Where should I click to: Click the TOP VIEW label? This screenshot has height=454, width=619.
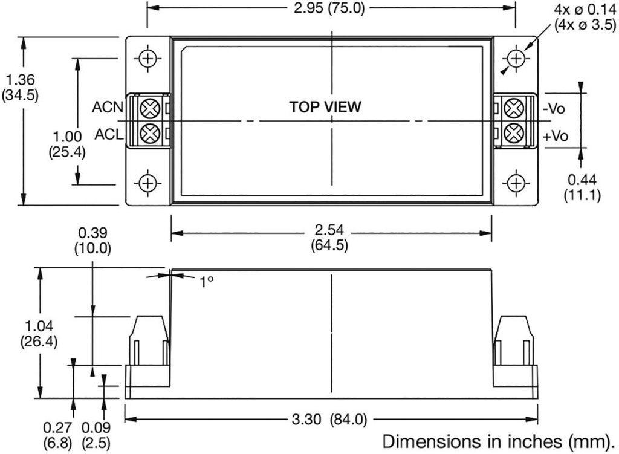(325, 107)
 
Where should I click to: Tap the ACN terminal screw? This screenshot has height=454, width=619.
(147, 109)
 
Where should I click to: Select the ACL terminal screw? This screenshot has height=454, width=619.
(147, 132)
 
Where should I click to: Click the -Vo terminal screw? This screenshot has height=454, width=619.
(514, 109)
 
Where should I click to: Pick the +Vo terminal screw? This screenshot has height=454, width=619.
(514, 132)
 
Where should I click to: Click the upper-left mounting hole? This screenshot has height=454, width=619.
(147, 59)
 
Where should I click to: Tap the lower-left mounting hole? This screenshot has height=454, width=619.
(147, 182)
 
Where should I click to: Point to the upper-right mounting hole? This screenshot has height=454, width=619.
(516, 59)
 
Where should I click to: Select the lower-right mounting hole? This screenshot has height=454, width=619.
(516, 182)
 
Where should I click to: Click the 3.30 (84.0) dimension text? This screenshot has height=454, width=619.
(331, 420)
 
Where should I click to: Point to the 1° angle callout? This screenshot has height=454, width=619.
(207, 281)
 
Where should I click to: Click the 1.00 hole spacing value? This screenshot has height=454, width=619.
(66, 138)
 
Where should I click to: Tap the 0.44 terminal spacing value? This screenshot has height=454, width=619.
(581, 180)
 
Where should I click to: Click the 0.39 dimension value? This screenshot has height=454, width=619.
(92, 233)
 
